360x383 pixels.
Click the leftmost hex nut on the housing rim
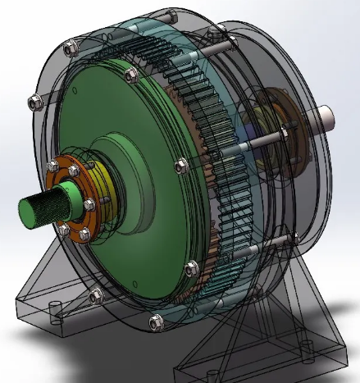pyautogui.click(x=34, y=103)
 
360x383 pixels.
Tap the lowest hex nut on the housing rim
pyautogui.click(x=154, y=322)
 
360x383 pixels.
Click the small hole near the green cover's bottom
pyautogui.click(x=190, y=268)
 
